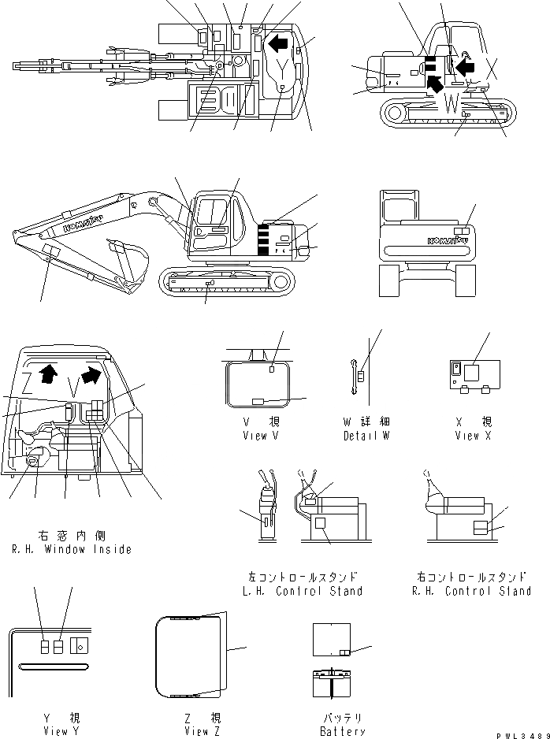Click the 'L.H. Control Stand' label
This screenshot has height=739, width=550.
tap(302, 591)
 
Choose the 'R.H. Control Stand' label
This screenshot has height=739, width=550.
tap(471, 591)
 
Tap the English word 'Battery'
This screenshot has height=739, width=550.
tap(342, 731)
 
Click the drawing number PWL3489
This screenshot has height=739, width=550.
tap(522, 733)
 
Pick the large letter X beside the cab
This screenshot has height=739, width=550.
tap(492, 69)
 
